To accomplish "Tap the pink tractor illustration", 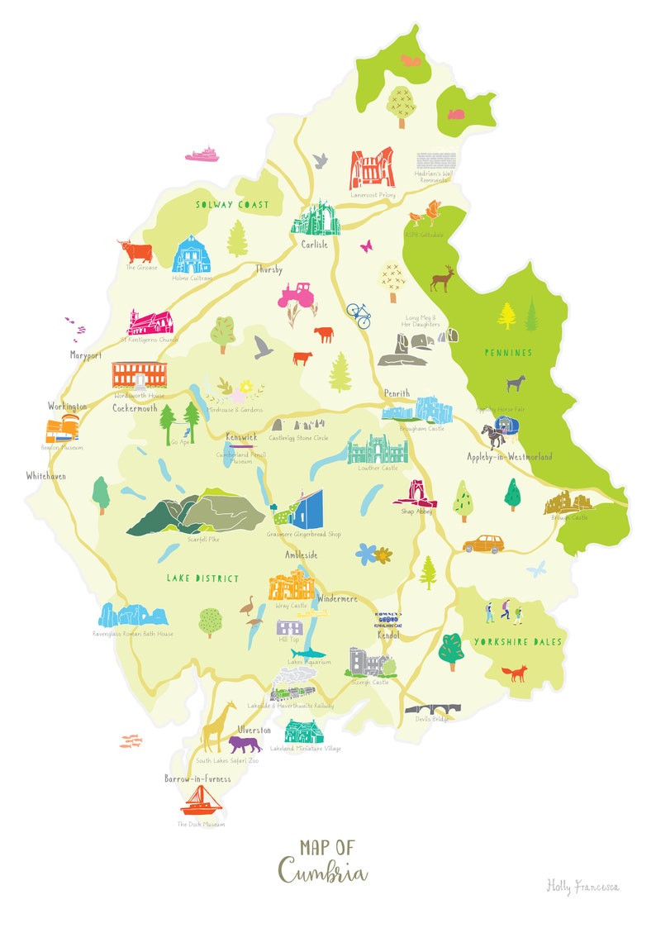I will (x=295, y=294).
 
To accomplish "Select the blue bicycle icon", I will (x=359, y=314).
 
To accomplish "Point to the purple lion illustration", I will (x=245, y=745).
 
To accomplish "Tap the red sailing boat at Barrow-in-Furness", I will (x=200, y=800).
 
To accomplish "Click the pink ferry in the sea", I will (x=202, y=154).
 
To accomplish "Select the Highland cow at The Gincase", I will (x=135, y=250).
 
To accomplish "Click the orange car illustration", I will (x=483, y=543).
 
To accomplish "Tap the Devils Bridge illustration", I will (x=432, y=710).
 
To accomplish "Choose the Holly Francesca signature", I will (x=582, y=887).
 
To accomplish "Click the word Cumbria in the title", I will (x=323, y=871).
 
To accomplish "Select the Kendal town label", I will (x=388, y=635).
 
